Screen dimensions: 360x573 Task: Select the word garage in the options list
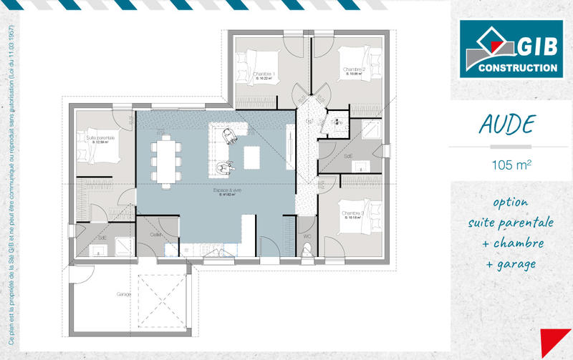pyautogui.click(x=515, y=265)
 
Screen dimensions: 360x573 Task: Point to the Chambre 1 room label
pyautogui.click(x=264, y=74)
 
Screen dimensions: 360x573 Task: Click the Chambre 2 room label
pyautogui.click(x=355, y=69)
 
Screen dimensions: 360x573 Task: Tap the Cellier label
pyautogui.click(x=156, y=235)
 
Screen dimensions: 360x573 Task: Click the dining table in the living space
pyautogui.click(x=165, y=159)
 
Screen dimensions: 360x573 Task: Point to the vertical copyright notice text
pyautogui.click(x=12, y=179)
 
